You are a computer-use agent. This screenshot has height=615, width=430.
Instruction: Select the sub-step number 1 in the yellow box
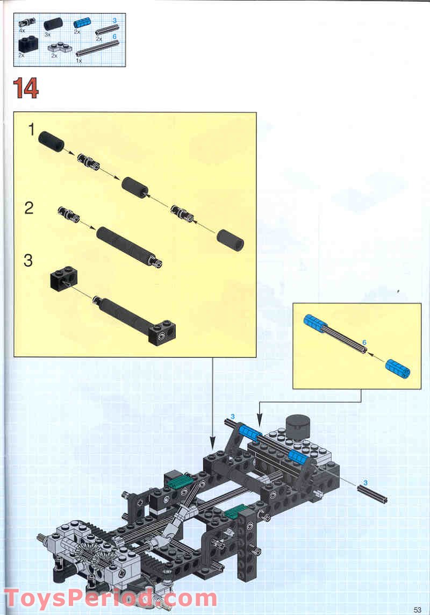click(x=32, y=130)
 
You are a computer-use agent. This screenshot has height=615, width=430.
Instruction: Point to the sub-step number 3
click(x=28, y=261)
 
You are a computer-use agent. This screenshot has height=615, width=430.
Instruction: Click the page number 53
click(x=418, y=609)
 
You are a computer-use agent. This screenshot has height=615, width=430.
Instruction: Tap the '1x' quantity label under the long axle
click(x=79, y=60)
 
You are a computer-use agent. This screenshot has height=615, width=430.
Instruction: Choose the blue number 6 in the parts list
click(x=114, y=35)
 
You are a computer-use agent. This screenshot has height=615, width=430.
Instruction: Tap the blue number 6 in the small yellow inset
click(x=364, y=342)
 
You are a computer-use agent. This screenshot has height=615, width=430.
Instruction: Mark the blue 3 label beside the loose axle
click(x=365, y=482)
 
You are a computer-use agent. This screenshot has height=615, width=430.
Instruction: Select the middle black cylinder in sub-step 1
click(x=135, y=188)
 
